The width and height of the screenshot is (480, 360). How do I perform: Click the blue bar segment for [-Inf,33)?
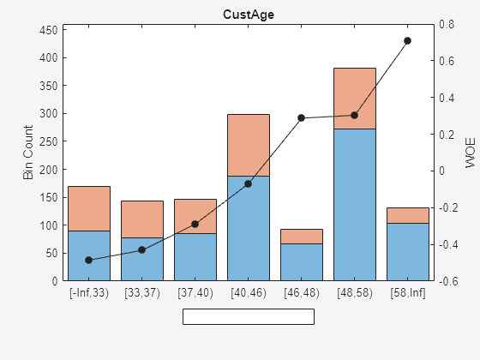(89, 255)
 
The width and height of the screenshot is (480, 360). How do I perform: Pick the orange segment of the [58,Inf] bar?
(408, 215)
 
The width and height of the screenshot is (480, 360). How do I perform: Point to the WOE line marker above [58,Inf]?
(408, 40)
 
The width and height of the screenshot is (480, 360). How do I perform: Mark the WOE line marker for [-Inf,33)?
(89, 260)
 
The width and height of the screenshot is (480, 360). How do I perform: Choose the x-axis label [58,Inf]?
(408, 293)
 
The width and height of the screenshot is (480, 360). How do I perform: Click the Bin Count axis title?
(28, 153)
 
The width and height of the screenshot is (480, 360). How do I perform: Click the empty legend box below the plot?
(249, 316)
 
